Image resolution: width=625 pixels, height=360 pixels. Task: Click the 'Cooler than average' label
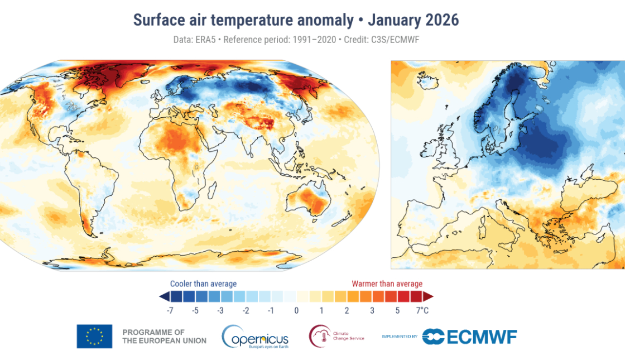203,284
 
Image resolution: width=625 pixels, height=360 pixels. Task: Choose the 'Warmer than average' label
387,284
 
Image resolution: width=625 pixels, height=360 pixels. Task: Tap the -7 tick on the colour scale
168,310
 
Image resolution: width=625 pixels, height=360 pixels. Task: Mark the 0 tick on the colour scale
296,310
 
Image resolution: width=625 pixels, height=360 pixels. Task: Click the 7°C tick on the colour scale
422,310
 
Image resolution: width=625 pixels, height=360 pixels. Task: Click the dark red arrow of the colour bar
429,296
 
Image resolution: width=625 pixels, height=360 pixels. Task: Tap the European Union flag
94,337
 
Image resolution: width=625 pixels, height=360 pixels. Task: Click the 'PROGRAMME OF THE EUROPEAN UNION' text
164,337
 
